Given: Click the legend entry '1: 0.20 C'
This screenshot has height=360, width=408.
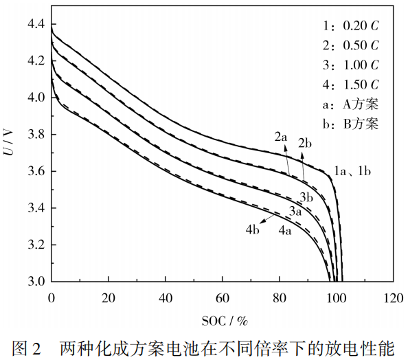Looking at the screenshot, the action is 351,25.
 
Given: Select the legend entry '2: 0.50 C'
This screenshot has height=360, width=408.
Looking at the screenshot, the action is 351,45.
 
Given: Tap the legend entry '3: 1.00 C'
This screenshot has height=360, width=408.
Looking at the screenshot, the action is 351,65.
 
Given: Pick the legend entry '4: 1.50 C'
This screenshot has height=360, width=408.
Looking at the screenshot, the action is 351,85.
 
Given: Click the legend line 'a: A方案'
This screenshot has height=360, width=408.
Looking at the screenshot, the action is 350,104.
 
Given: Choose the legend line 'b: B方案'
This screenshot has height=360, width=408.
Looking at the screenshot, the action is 350,124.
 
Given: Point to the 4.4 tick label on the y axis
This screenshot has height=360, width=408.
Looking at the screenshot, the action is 36,24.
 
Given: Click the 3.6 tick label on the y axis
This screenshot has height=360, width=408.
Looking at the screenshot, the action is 36,171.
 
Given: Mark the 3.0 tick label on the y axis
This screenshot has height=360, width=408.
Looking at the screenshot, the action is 36,282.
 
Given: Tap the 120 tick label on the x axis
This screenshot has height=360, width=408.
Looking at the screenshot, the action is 394,297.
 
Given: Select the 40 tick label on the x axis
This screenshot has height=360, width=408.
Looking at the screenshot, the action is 166,297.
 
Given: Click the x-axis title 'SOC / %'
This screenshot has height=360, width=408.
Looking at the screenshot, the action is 225,321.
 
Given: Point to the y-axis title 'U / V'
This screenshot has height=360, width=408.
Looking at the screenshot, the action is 9,142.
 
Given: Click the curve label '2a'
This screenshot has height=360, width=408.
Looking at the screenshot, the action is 281,137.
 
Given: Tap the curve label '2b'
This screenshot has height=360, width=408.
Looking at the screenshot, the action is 305,143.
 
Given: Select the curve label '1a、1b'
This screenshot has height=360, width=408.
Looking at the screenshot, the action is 352,171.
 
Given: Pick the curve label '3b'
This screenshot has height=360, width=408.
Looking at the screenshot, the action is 306,198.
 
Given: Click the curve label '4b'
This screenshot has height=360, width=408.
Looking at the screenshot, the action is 252,230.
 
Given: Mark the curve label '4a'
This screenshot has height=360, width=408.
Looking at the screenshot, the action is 285,231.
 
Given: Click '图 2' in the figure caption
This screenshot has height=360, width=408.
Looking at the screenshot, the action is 26,349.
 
